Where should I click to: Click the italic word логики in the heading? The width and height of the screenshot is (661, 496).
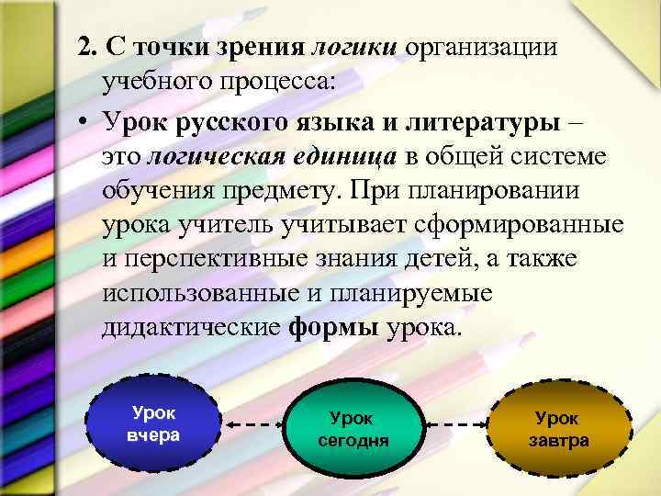354,47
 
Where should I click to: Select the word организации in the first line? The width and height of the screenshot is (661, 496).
480,47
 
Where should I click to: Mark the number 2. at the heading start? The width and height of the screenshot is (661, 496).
88,47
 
